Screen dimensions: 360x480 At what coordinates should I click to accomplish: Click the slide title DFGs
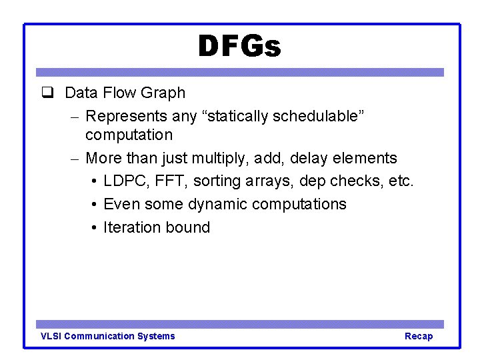239,47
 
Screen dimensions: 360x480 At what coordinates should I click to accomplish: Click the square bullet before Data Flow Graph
47,93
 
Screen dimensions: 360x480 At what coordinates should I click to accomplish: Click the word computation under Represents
129,135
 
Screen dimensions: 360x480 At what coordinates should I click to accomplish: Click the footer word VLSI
51,336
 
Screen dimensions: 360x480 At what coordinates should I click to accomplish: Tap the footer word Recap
419,336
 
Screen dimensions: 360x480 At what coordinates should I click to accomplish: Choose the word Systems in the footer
155,336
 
